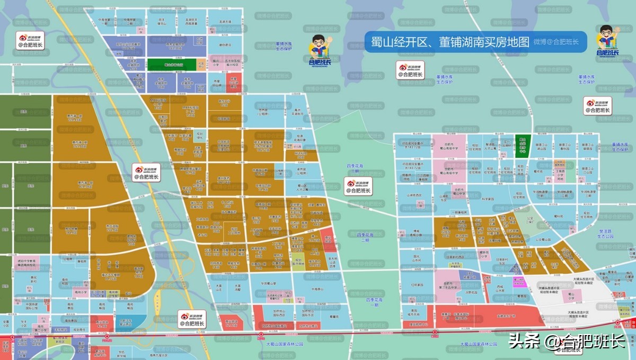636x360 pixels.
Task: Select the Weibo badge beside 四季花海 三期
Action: pyautogui.click(x=358, y=186)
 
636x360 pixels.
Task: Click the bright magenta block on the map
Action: pyautogui.click(x=519, y=282)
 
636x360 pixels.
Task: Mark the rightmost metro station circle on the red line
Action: pyautogui.click(x=618, y=322)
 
